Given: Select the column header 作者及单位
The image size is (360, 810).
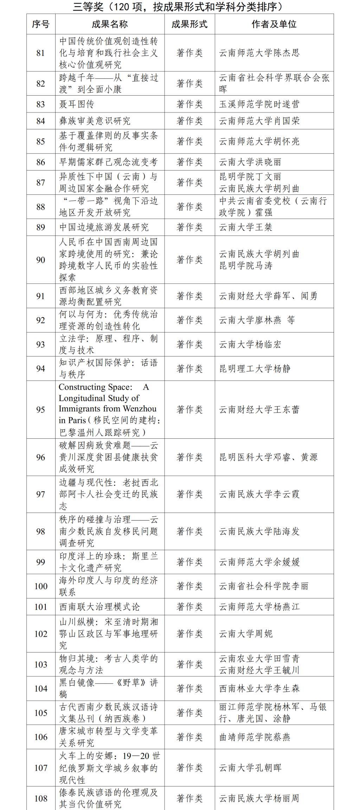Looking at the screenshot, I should point(274,24).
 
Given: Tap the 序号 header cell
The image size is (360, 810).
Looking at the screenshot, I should point(41,24).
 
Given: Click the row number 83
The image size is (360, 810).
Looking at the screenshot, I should point(41,104).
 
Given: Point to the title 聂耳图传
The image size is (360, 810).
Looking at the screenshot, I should point(77,104).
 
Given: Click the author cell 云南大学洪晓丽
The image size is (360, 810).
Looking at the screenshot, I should point(250,162).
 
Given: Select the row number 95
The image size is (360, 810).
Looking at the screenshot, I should point(41,410).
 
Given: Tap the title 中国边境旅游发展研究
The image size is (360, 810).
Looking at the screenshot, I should point(104,227).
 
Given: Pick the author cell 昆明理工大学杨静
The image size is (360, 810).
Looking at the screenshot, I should point(255,369).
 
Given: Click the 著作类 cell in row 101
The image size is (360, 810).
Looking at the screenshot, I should point(189,607).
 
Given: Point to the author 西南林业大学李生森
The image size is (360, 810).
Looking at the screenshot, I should point(259,688).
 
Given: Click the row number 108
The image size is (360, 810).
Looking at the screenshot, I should point(41,798).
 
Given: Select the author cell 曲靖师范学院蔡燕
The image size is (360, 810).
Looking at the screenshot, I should point(255,737).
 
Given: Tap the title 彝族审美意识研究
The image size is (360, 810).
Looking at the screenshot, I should point(95,121).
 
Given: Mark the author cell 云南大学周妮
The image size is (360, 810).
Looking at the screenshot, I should point(245,634).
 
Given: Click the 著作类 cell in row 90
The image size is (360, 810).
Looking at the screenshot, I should point(189,260).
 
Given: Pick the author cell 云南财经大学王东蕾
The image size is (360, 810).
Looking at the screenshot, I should point(259,410).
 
